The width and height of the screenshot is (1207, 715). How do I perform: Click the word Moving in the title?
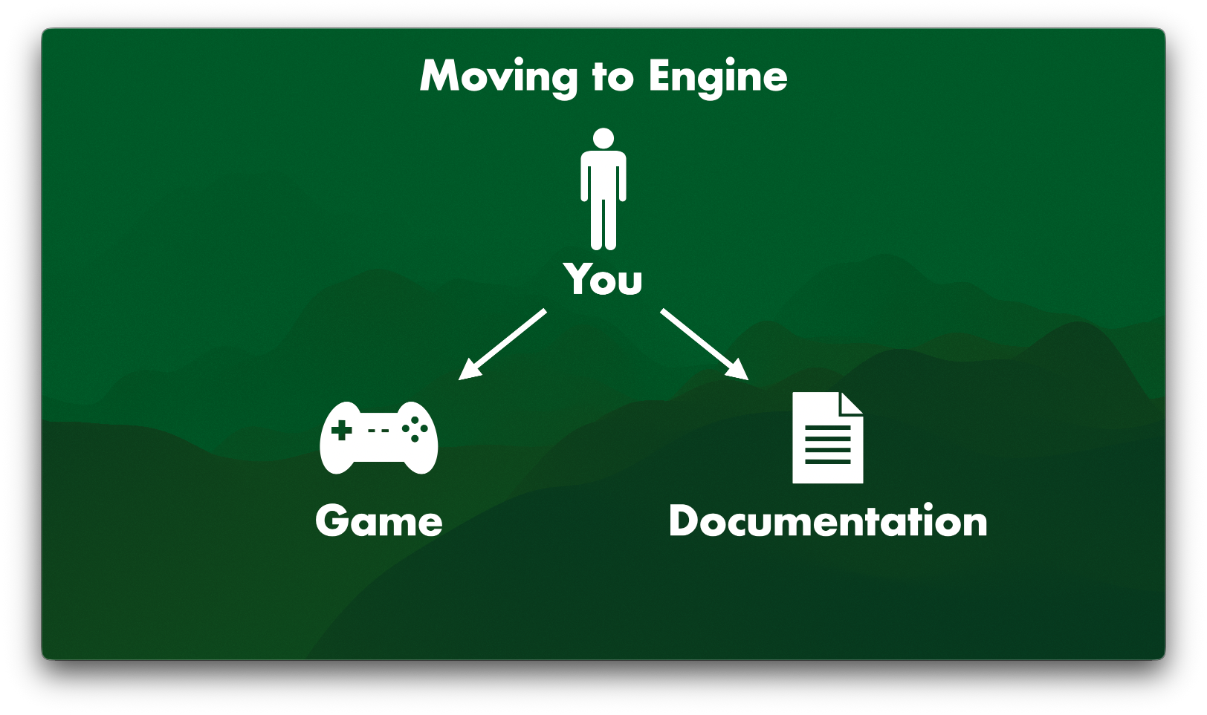click(499, 76)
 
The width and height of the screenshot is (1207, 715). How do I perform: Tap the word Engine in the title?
click(717, 76)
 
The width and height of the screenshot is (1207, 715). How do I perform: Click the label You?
click(603, 280)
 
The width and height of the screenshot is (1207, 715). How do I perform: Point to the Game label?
click(379, 521)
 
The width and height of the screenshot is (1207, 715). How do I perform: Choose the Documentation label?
click(828, 521)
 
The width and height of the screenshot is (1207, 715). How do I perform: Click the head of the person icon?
click(603, 139)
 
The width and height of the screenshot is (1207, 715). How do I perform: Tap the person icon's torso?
click(603, 174)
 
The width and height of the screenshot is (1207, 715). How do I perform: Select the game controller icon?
click(378, 438)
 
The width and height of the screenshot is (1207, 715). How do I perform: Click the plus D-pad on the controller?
click(341, 430)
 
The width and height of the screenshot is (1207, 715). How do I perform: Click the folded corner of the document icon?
click(851, 403)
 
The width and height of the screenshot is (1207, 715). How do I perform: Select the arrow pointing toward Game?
click(503, 344)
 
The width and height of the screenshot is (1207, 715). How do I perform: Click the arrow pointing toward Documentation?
click(703, 344)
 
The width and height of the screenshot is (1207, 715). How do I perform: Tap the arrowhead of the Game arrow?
click(467, 372)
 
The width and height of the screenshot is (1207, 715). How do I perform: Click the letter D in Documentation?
click(684, 521)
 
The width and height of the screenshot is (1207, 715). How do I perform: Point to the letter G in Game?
click(332, 521)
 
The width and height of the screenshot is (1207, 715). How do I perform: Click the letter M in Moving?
click(443, 76)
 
